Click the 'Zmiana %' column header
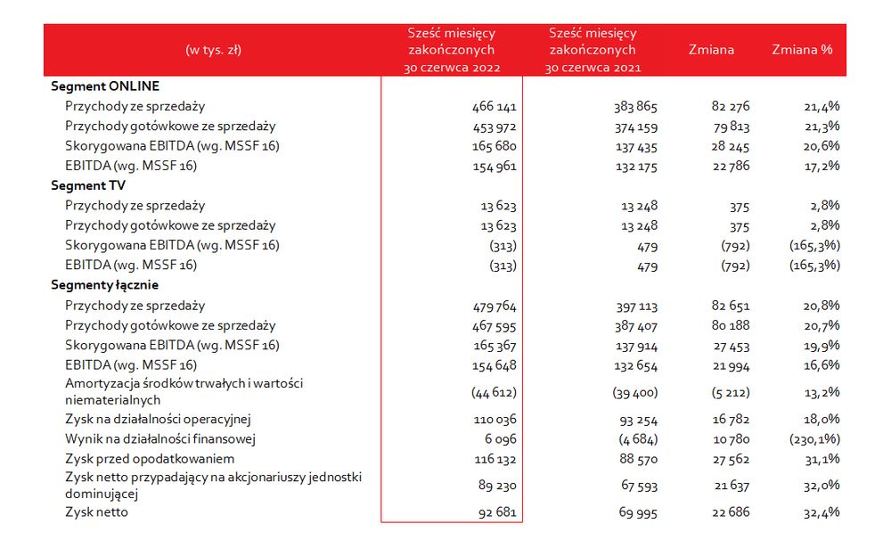[x=802, y=50]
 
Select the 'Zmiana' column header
[x=711, y=50]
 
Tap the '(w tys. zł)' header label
[x=214, y=50]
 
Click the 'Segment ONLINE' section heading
[x=105, y=86]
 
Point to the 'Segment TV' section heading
[x=88, y=186]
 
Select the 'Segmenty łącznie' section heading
[x=104, y=285]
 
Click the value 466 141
[x=495, y=107]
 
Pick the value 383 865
[x=635, y=107]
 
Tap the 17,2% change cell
[x=822, y=167]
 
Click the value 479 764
[x=495, y=307]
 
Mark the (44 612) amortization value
[x=494, y=392]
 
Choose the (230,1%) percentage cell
[x=814, y=439]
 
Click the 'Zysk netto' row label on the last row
[x=96, y=512]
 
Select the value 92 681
[x=497, y=512]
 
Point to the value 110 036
[x=495, y=420]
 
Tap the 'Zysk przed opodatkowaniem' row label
[x=150, y=460]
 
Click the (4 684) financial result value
[x=638, y=439]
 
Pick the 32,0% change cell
[x=822, y=486]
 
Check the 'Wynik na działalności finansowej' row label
[x=160, y=439]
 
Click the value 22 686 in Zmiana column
[x=731, y=512]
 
